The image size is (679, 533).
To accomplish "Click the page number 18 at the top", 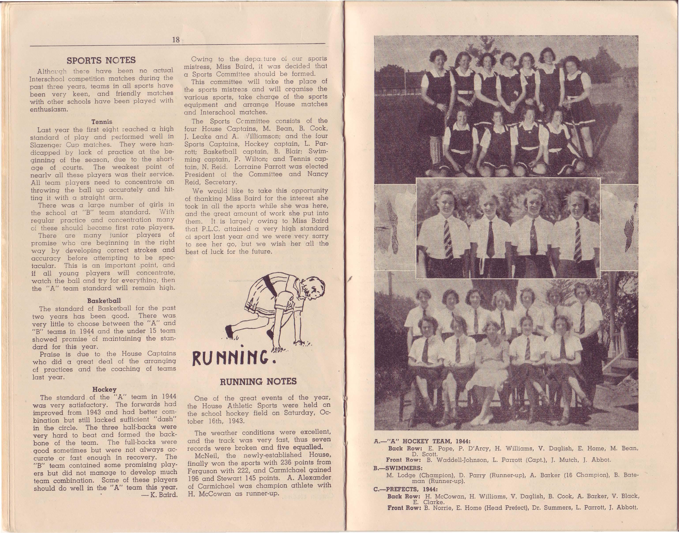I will click(175, 40).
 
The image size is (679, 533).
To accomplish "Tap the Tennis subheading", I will click(102, 121).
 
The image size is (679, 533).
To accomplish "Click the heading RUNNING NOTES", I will click(258, 381).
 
